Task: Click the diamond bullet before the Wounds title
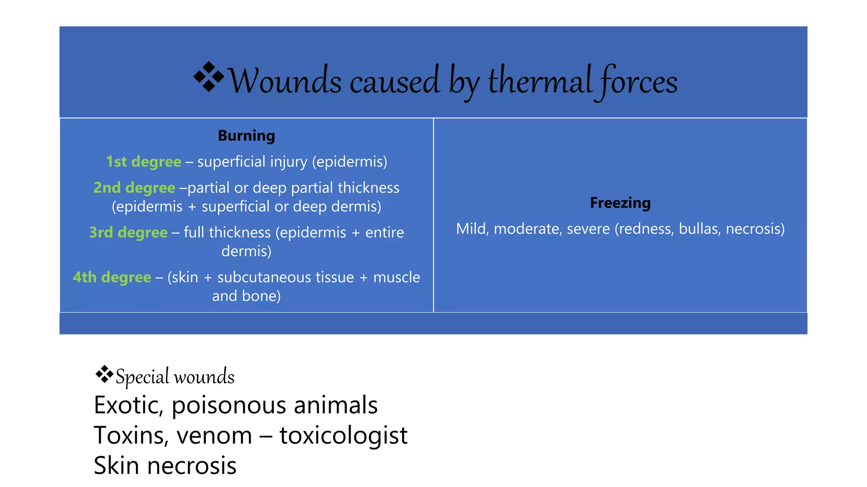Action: tap(209, 77)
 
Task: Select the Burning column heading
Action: tap(246, 136)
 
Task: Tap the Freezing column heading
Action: tap(620, 203)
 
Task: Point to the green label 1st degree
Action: tap(144, 161)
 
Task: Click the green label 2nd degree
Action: tap(134, 188)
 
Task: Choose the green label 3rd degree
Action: tap(128, 233)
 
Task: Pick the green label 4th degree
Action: tap(112, 277)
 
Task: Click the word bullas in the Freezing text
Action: tap(700, 229)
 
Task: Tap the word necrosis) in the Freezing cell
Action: tap(755, 229)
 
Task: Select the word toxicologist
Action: tap(343, 435)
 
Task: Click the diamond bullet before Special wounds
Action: tap(104, 374)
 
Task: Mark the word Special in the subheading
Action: tap(142, 377)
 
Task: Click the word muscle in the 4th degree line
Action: tap(397, 277)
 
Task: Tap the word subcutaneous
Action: tap(285, 277)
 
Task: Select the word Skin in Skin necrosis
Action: tap(116, 466)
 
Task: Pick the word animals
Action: tap(335, 405)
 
